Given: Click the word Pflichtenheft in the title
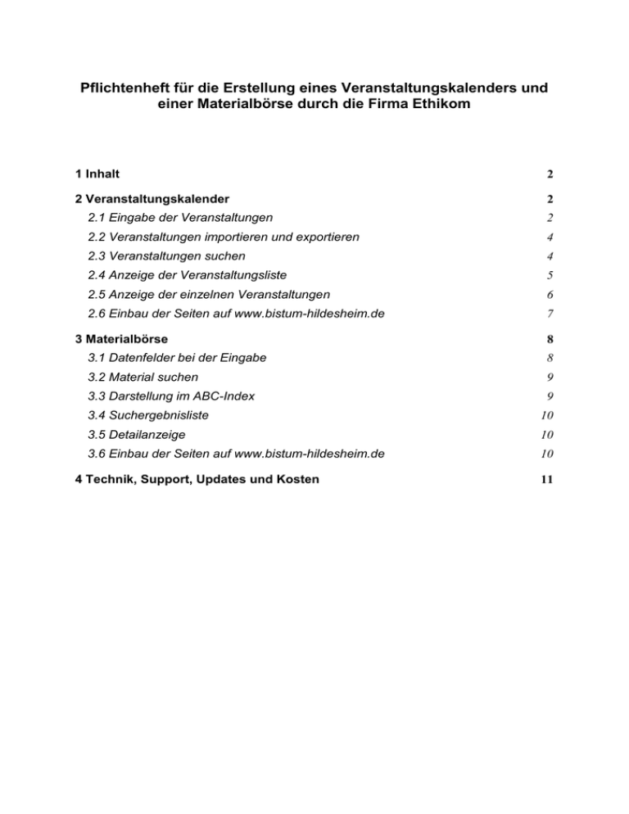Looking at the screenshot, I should tap(121, 87).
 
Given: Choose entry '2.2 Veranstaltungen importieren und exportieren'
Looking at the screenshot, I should tap(224, 237).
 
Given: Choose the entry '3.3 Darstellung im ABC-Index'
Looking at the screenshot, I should tap(172, 396).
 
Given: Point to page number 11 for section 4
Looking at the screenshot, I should tap(548, 480).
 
